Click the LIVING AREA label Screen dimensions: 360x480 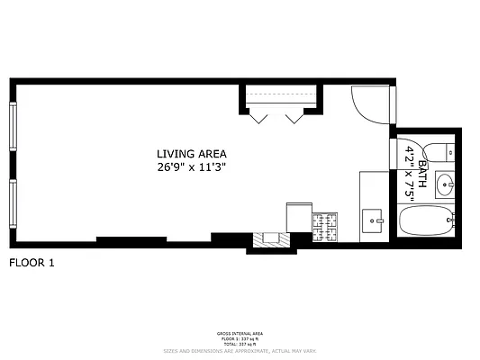pyautogui.click(x=191, y=153)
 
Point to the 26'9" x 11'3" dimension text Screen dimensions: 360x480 pyautogui.click(x=191, y=166)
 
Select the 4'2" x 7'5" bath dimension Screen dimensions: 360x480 pyautogui.click(x=411, y=172)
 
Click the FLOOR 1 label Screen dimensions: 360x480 pyautogui.click(x=32, y=264)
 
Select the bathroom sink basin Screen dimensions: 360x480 pyautogui.click(x=444, y=185)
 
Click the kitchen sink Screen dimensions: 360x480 pyautogui.click(x=373, y=219)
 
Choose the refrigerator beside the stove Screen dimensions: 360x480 pyautogui.click(x=299, y=217)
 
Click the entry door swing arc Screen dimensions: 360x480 pyautogui.click(x=368, y=103)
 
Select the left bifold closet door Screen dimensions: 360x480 pyautogui.click(x=258, y=116)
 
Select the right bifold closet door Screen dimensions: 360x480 pyautogui.click(x=294, y=116)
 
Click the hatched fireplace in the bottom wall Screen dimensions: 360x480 pyautogui.click(x=269, y=239)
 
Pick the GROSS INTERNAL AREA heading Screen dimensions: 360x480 pyautogui.click(x=239, y=333)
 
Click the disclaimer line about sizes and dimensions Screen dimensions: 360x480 pyautogui.click(x=239, y=351)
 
